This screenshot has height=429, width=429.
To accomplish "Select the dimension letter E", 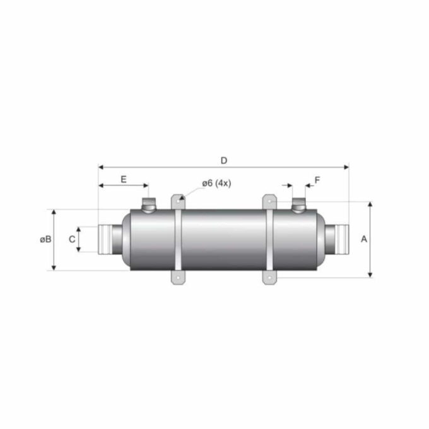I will tap(124, 179).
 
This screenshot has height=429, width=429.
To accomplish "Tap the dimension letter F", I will tap(317, 180).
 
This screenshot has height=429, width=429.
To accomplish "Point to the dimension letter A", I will tap(363, 239).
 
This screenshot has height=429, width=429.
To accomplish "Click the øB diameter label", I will tap(44, 239).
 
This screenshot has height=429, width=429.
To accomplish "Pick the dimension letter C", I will tap(72, 239).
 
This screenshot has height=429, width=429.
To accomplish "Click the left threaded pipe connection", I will tap(109, 239).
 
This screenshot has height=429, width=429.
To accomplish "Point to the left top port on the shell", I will tap(149, 205).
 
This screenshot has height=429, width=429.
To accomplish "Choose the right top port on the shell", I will tap(298, 205).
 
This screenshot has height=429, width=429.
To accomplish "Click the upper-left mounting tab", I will tap(177, 201).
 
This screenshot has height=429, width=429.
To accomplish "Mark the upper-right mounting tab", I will tap(270, 201).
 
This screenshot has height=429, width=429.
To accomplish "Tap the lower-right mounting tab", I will tap(270, 278).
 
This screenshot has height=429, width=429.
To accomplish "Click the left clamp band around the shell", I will tap(178, 240).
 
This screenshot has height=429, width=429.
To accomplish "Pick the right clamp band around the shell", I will tap(270, 240).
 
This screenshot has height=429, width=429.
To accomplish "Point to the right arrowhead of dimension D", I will tap(346, 168).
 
